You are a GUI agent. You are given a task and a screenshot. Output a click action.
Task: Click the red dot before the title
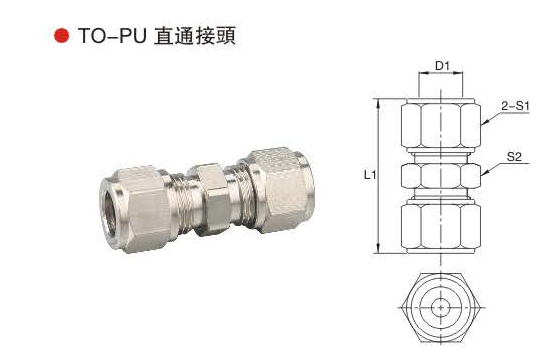62,35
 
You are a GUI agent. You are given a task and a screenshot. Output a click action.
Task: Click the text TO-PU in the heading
112,35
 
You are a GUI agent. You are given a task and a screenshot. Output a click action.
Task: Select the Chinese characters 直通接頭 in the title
195,36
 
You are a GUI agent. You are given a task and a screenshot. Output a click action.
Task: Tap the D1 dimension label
442,65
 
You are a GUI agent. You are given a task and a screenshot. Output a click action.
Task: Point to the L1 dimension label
370,175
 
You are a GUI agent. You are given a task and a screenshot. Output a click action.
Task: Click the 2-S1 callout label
515,106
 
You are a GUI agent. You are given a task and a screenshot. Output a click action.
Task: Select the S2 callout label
514,157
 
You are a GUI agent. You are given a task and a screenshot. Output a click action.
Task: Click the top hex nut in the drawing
441,125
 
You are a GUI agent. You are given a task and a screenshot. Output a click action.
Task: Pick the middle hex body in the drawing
441,176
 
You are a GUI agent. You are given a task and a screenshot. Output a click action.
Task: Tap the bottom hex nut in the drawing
441,227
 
